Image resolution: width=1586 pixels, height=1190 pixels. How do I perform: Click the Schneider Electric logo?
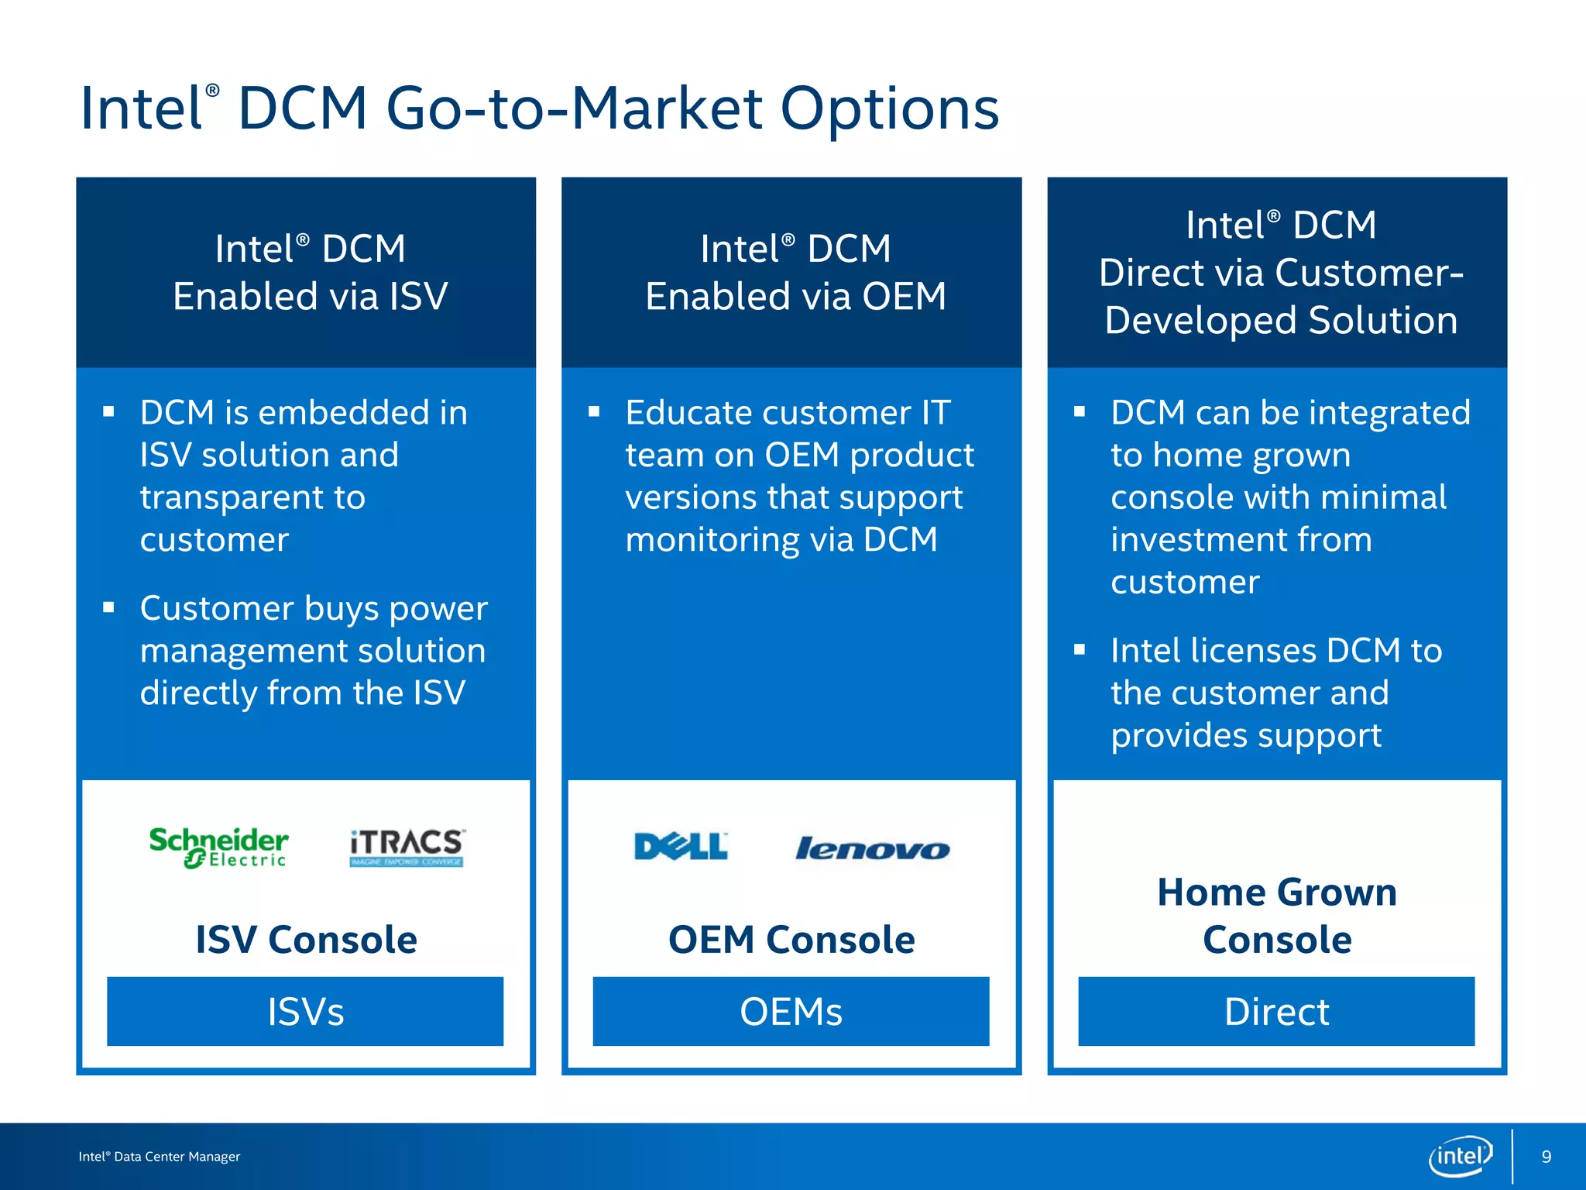[x=218, y=848]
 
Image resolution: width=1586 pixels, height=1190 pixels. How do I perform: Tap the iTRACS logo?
[x=407, y=848]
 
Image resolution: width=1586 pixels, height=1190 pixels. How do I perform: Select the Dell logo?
[x=681, y=847]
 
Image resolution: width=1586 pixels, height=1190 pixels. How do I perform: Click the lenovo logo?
[x=872, y=849]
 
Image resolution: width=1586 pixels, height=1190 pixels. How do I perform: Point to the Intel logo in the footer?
[x=1460, y=1156]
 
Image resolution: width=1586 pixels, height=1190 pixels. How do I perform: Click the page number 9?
[x=1546, y=1157]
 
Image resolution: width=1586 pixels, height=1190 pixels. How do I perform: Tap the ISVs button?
[x=305, y=1011]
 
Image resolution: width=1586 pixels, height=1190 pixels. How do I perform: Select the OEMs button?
[x=791, y=1011]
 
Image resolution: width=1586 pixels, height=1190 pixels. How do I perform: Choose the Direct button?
[x=1276, y=1011]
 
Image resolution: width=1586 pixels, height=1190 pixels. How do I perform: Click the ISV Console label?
[x=306, y=940]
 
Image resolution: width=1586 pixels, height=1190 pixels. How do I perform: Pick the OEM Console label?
[x=791, y=940]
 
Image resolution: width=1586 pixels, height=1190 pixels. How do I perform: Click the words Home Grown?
[x=1276, y=892]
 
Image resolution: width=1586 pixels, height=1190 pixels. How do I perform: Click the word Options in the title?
[x=889, y=108]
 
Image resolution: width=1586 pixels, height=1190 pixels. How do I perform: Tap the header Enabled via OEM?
[x=795, y=297]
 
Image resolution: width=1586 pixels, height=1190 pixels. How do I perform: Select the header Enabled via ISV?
[x=310, y=297]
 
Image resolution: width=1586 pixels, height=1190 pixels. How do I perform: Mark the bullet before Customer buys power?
[x=108, y=607]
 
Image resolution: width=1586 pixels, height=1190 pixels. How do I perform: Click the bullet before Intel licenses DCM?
[x=1080, y=649]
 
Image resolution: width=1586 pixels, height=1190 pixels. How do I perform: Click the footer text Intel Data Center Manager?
[x=160, y=1157]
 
